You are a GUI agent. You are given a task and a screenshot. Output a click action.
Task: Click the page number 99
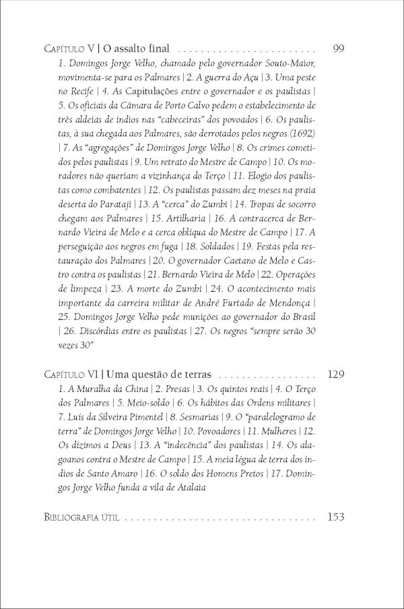339,49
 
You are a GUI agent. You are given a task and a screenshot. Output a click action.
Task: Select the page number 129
335,373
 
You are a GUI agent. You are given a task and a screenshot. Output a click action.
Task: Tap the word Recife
69,88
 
